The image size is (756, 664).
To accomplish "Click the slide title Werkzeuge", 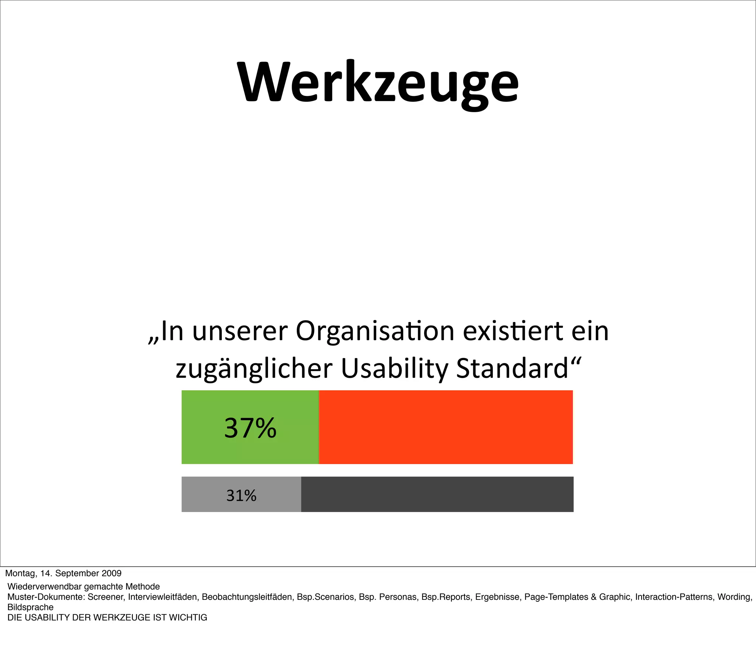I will [378, 83].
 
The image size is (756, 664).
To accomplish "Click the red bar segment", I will [446, 427].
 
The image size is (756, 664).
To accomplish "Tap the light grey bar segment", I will [207, 494].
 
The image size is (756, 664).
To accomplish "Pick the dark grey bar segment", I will [437, 494].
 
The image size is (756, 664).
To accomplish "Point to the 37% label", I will [250, 428].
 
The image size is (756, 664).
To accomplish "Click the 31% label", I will [241, 495].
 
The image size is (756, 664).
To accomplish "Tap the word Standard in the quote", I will [512, 369].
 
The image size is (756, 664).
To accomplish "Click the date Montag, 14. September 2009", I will [63, 573].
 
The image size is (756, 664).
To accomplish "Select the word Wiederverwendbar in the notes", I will [44, 587].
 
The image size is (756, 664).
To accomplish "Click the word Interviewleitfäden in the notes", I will [162, 597].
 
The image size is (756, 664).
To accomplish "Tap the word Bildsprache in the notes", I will [30, 608].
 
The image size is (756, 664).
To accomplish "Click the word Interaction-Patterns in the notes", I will [675, 597].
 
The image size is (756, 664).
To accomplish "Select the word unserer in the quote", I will [240, 331].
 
